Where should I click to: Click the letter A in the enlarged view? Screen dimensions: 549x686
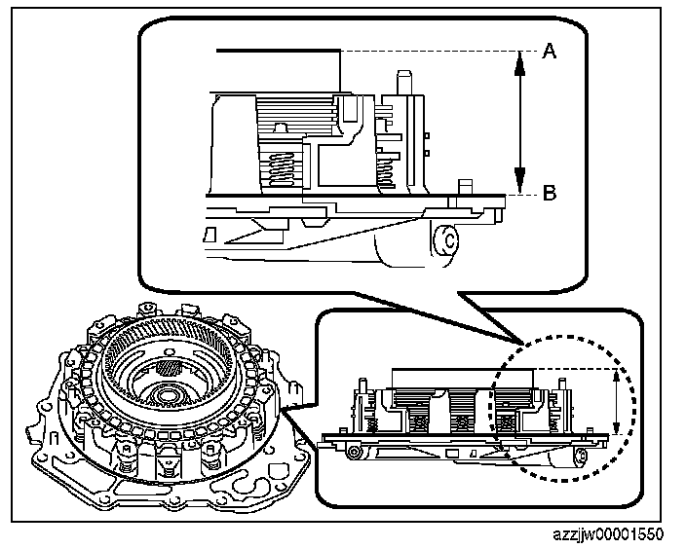point(549,53)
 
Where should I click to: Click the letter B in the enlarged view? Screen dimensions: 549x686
point(549,193)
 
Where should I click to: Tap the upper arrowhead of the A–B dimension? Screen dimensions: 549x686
point(520,58)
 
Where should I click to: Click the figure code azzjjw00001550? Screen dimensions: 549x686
point(607,534)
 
